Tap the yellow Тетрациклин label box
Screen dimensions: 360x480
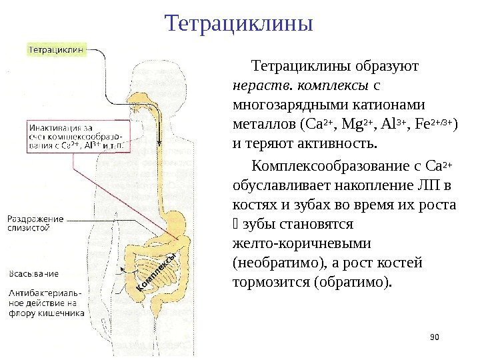pyautogui.click(x=57, y=49)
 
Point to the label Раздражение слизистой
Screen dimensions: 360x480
pyautogui.click(x=37, y=223)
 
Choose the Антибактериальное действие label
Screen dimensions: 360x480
pyautogui.click(x=45, y=301)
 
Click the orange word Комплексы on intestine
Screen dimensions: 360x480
pyautogui.click(x=155, y=273)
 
